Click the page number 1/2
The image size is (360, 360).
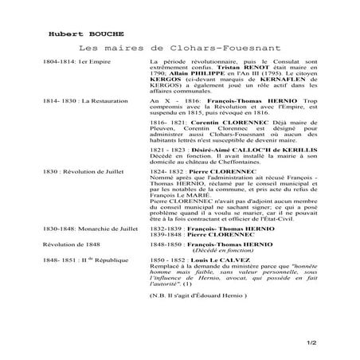tap(333, 342)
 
